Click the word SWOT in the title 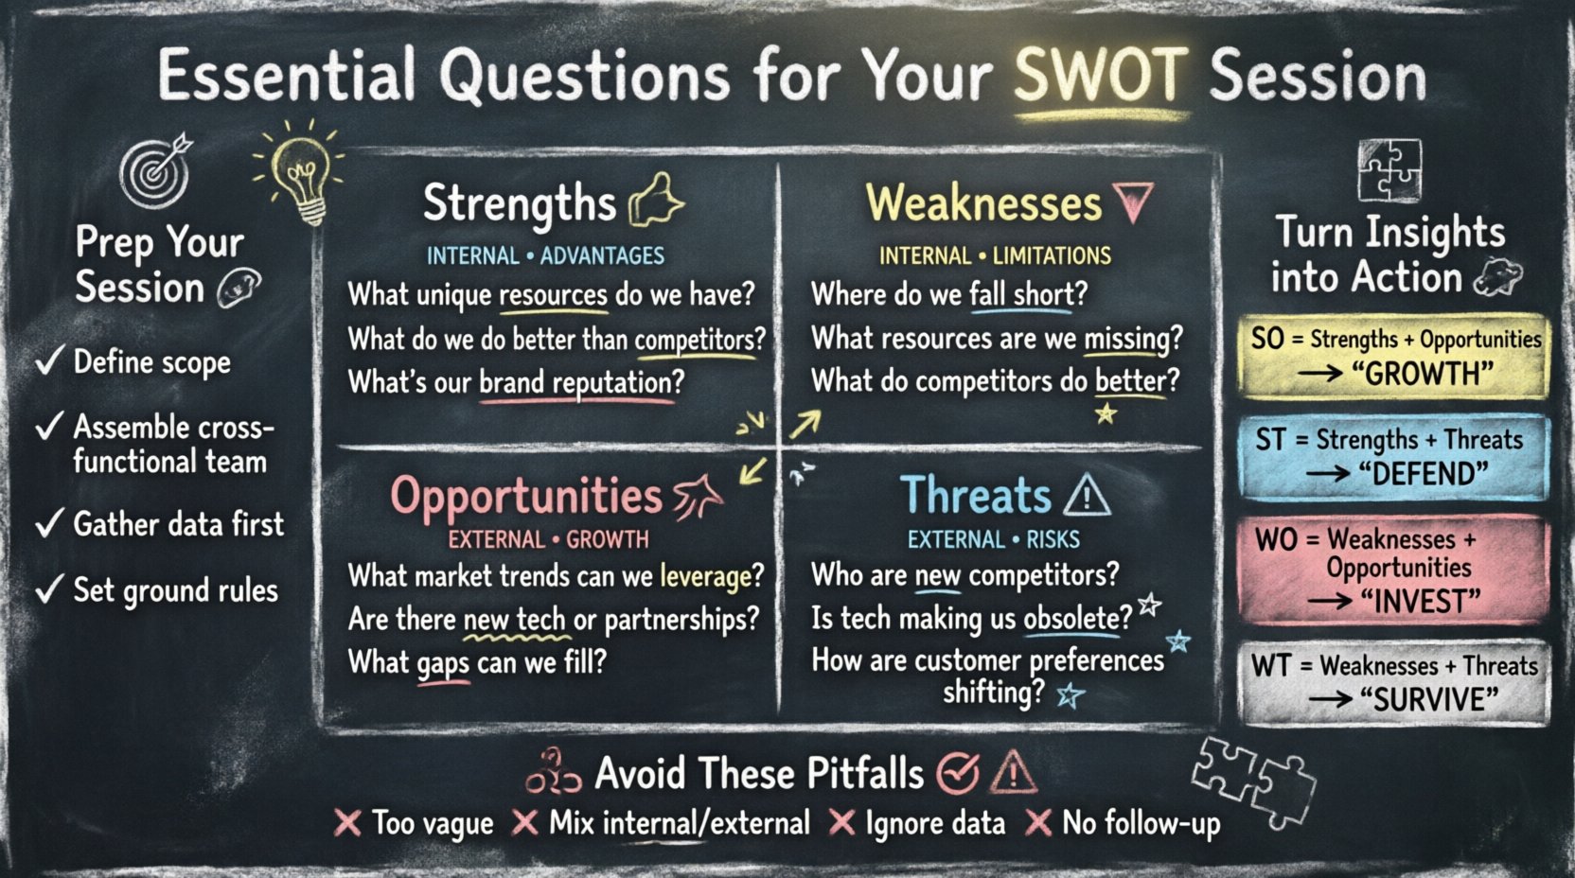click(1099, 76)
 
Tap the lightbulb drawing click(300, 175)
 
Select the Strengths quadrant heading click(519, 203)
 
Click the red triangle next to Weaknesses click(1133, 202)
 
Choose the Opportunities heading click(526, 496)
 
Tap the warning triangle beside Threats click(1087, 495)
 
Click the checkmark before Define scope click(49, 360)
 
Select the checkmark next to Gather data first click(49, 522)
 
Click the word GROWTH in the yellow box click(1425, 374)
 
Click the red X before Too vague click(347, 823)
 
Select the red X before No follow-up click(1038, 823)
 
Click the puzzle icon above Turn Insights click(1389, 170)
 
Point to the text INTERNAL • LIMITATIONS click(995, 256)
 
